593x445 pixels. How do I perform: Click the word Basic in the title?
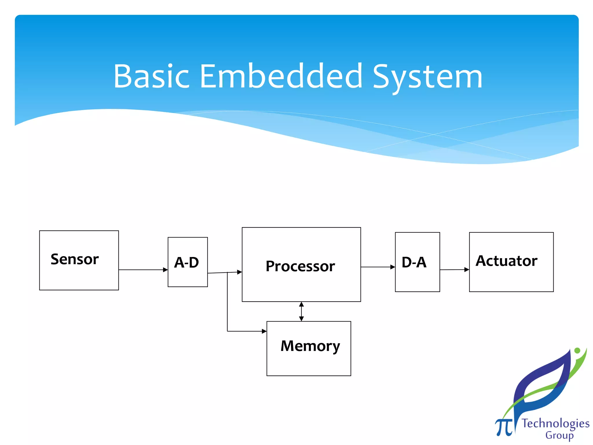(151, 76)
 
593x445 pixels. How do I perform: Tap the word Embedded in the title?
(281, 76)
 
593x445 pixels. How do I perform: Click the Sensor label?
(75, 259)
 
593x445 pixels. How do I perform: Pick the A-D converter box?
(188, 262)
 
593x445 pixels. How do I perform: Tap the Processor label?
(300, 266)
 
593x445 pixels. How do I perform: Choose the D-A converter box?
(417, 262)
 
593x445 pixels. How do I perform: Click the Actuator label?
(506, 261)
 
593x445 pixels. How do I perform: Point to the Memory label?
(310, 346)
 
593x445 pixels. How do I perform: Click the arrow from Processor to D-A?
(377, 267)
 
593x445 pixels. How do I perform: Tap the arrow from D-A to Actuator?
(454, 269)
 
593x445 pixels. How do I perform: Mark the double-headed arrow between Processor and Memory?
(301, 311)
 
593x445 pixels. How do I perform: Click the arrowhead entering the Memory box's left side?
(264, 331)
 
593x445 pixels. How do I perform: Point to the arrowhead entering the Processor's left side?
(239, 272)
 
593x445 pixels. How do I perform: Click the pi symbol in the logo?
(504, 426)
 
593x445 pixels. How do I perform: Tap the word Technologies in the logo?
(555, 423)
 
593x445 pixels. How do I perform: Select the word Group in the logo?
(559, 435)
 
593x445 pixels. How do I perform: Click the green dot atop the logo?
(577, 351)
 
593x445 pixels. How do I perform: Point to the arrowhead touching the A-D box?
(165, 270)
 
